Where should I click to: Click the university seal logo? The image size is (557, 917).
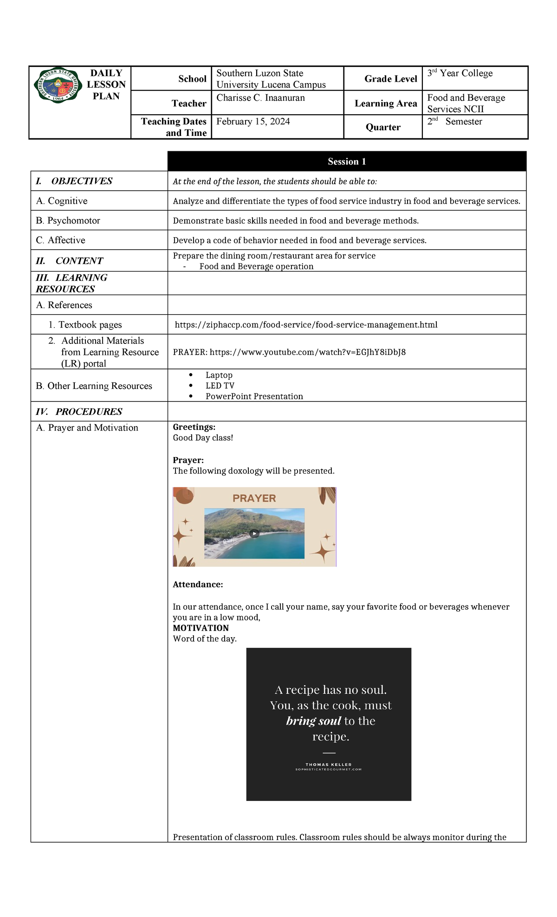(x=58, y=85)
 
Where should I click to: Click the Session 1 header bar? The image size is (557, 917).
(x=347, y=161)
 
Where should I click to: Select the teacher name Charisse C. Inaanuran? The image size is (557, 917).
(x=260, y=98)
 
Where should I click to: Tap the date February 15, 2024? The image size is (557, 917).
(x=253, y=122)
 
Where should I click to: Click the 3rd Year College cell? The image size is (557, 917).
(x=460, y=73)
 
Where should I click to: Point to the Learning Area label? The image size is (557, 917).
(x=386, y=103)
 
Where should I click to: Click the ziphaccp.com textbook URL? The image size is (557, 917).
(x=306, y=325)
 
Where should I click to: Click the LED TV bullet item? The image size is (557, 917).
(x=220, y=386)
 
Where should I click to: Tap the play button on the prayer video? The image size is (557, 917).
(x=254, y=534)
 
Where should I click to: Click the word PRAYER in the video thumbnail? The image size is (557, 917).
(x=254, y=498)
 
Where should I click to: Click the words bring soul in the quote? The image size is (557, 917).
(x=314, y=721)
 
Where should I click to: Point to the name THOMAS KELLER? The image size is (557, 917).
(x=329, y=764)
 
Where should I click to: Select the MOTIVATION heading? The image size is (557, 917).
(x=201, y=628)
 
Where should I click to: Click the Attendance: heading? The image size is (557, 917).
(x=198, y=585)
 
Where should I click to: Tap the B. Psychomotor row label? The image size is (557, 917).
(x=68, y=221)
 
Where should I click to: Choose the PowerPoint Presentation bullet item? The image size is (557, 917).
(x=254, y=396)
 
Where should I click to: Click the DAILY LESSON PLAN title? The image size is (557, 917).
(x=106, y=84)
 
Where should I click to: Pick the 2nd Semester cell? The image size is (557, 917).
(x=455, y=122)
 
